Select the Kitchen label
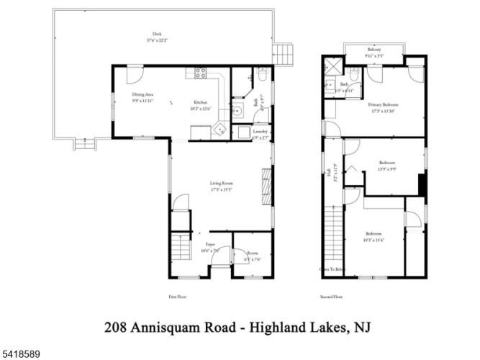click(200, 102)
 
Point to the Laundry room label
click(261, 132)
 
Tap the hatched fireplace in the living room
click(266, 186)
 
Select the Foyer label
click(210, 245)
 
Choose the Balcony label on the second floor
click(373, 49)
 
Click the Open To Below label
click(332, 269)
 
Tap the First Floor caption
click(177, 296)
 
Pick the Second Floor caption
click(331, 296)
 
